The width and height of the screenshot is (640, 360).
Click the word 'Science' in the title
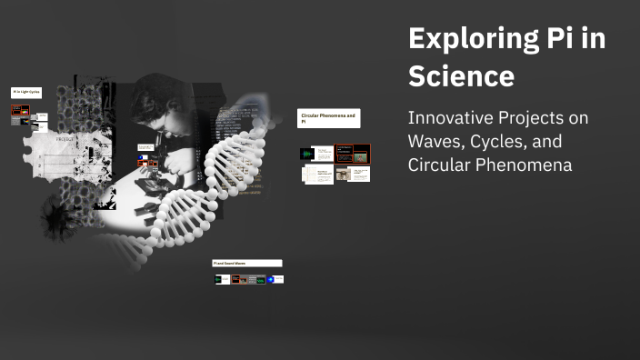[x=461, y=76]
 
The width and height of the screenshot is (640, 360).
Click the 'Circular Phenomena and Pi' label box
[x=328, y=118]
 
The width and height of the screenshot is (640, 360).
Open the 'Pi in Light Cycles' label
[x=25, y=93]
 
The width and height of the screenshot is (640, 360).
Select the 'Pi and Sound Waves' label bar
[x=247, y=263]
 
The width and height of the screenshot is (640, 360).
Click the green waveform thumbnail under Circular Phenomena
[x=307, y=154]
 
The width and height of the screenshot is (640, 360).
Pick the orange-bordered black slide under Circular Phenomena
[x=352, y=153]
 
